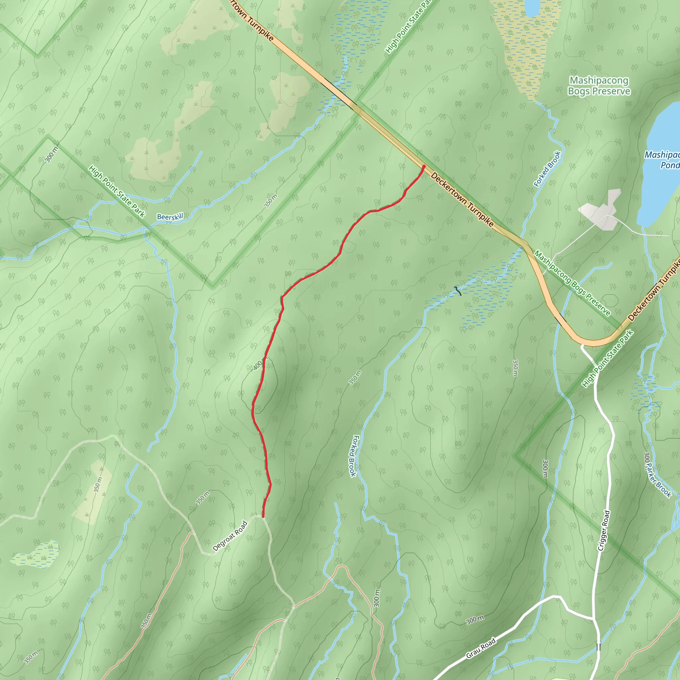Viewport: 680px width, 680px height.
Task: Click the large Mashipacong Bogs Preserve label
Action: pos(599,86)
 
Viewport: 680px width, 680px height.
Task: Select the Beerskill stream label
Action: pos(170,217)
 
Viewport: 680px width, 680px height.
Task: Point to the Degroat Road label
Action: pos(230,536)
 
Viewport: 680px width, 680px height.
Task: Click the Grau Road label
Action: pos(480,648)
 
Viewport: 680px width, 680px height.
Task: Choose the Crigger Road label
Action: pos(604,530)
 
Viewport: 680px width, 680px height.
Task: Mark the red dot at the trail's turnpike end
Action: pos(424,166)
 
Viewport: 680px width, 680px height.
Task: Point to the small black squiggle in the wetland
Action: pos(458,291)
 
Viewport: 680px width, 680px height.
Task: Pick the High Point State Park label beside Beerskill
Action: pos(117,192)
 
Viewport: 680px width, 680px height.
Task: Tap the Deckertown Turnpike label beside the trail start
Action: pos(462,199)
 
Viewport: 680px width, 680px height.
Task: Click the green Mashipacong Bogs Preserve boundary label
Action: pos(572,283)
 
